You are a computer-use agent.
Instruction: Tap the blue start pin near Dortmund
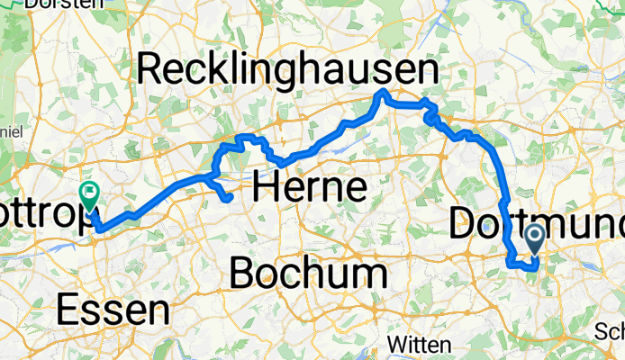(533, 238)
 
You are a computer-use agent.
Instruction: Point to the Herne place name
(310, 187)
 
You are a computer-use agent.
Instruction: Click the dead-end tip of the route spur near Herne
(231, 196)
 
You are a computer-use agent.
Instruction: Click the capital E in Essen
(68, 310)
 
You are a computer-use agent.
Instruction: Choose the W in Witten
(395, 345)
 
